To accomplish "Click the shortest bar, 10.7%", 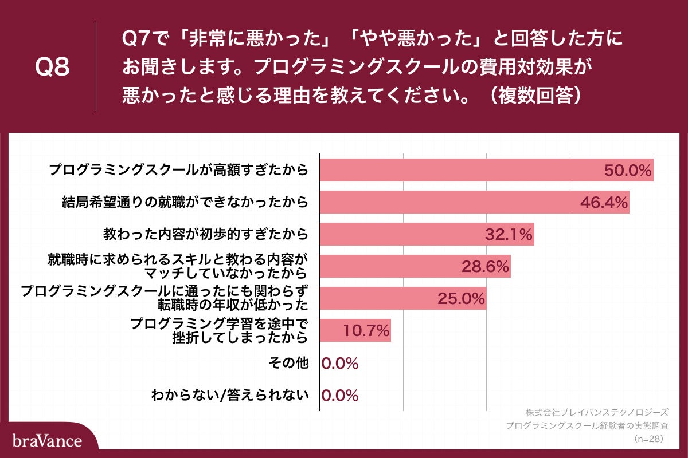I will [355, 330].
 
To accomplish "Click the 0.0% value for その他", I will [340, 363].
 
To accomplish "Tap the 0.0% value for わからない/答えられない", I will [340, 395].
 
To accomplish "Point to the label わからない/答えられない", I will [230, 395].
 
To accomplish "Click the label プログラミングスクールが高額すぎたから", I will [178, 170].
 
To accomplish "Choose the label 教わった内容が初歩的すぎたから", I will [206, 234].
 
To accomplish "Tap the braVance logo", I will [46, 441].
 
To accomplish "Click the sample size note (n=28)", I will [648, 439].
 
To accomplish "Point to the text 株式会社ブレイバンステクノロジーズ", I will [597, 412].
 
